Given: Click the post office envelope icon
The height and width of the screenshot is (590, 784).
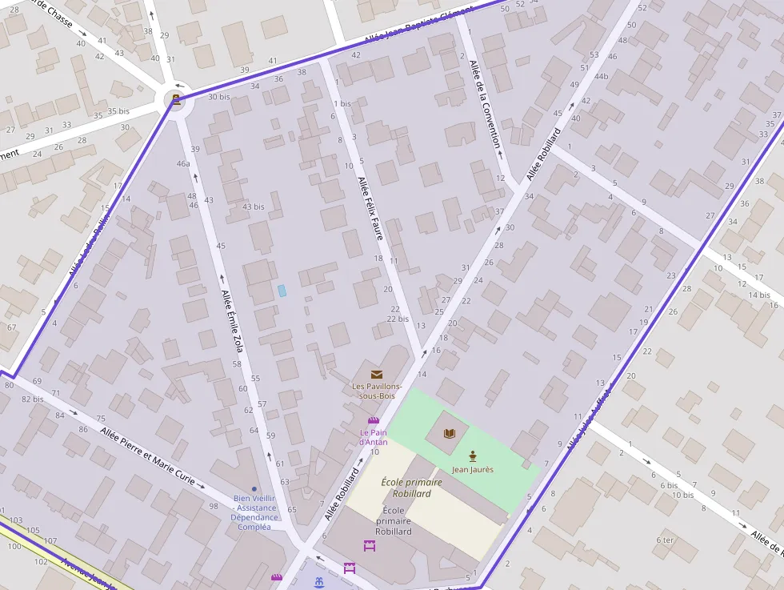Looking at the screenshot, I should point(376,374).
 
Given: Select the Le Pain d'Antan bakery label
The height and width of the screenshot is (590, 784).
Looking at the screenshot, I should point(374,437).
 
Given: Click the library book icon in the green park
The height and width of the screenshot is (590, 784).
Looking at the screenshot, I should point(450,434).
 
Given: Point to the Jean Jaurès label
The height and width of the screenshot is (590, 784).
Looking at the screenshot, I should point(472,469).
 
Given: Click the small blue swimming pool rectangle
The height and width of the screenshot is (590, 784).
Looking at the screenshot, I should point(281,291).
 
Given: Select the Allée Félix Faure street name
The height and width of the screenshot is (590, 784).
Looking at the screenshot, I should point(370,208).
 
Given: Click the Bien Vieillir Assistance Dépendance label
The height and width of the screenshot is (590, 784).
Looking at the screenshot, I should point(254,512).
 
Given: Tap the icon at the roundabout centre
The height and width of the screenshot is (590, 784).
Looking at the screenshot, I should point(176,100).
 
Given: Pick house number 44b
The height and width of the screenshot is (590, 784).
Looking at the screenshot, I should point(601,77).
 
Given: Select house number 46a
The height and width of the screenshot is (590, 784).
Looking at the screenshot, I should point(183,164).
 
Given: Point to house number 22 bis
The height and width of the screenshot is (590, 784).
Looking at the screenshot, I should point(398,319).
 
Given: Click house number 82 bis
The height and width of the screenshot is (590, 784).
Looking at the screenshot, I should point(33,399).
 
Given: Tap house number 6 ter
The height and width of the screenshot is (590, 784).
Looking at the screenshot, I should point(665,540).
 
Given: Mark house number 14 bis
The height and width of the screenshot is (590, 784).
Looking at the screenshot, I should point(759,295).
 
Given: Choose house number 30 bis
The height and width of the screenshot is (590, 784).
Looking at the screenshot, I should point(218,96).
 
